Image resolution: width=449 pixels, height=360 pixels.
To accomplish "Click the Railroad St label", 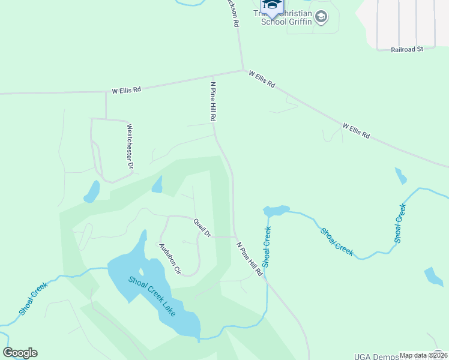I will pos(407,49).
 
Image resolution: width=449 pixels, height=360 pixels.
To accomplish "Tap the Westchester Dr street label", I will pos(130,146).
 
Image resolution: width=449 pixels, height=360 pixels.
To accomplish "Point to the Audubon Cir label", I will pos(169,258).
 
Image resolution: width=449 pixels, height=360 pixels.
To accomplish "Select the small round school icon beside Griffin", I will pos(322,17).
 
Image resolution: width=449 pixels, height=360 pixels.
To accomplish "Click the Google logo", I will pos(20,353).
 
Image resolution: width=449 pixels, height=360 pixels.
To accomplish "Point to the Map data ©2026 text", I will pos(423,355).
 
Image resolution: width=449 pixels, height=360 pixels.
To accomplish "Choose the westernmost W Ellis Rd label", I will pos(126,90).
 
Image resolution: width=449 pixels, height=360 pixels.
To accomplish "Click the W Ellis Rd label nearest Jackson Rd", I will pos(262,80).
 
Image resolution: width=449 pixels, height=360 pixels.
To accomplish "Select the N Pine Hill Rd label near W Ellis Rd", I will pos(212,102).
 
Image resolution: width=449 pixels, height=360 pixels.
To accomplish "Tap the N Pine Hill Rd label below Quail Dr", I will pos(250,259).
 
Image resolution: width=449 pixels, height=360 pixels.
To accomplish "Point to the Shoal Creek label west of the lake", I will pos(33,299).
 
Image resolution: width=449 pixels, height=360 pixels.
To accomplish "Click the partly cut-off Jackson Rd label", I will pos(232,12).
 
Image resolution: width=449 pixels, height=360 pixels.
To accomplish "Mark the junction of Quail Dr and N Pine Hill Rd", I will pos(234,236).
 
